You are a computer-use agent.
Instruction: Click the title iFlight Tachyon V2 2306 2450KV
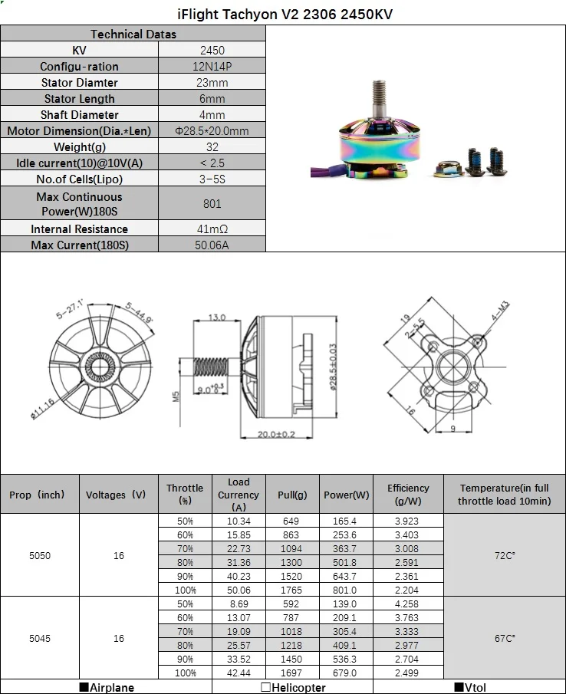tap(285, 14)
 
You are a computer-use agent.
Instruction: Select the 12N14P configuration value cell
tap(212, 67)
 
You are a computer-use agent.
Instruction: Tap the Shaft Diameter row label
tap(80, 114)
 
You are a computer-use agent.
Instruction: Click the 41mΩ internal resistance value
tap(212, 229)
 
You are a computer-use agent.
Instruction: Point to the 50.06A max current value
tap(212, 245)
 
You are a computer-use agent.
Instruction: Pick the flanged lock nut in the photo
tap(449, 169)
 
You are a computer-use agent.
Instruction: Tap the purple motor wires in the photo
tap(327, 171)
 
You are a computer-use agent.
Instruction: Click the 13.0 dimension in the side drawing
tap(217, 317)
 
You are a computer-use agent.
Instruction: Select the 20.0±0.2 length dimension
tap(276, 434)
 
